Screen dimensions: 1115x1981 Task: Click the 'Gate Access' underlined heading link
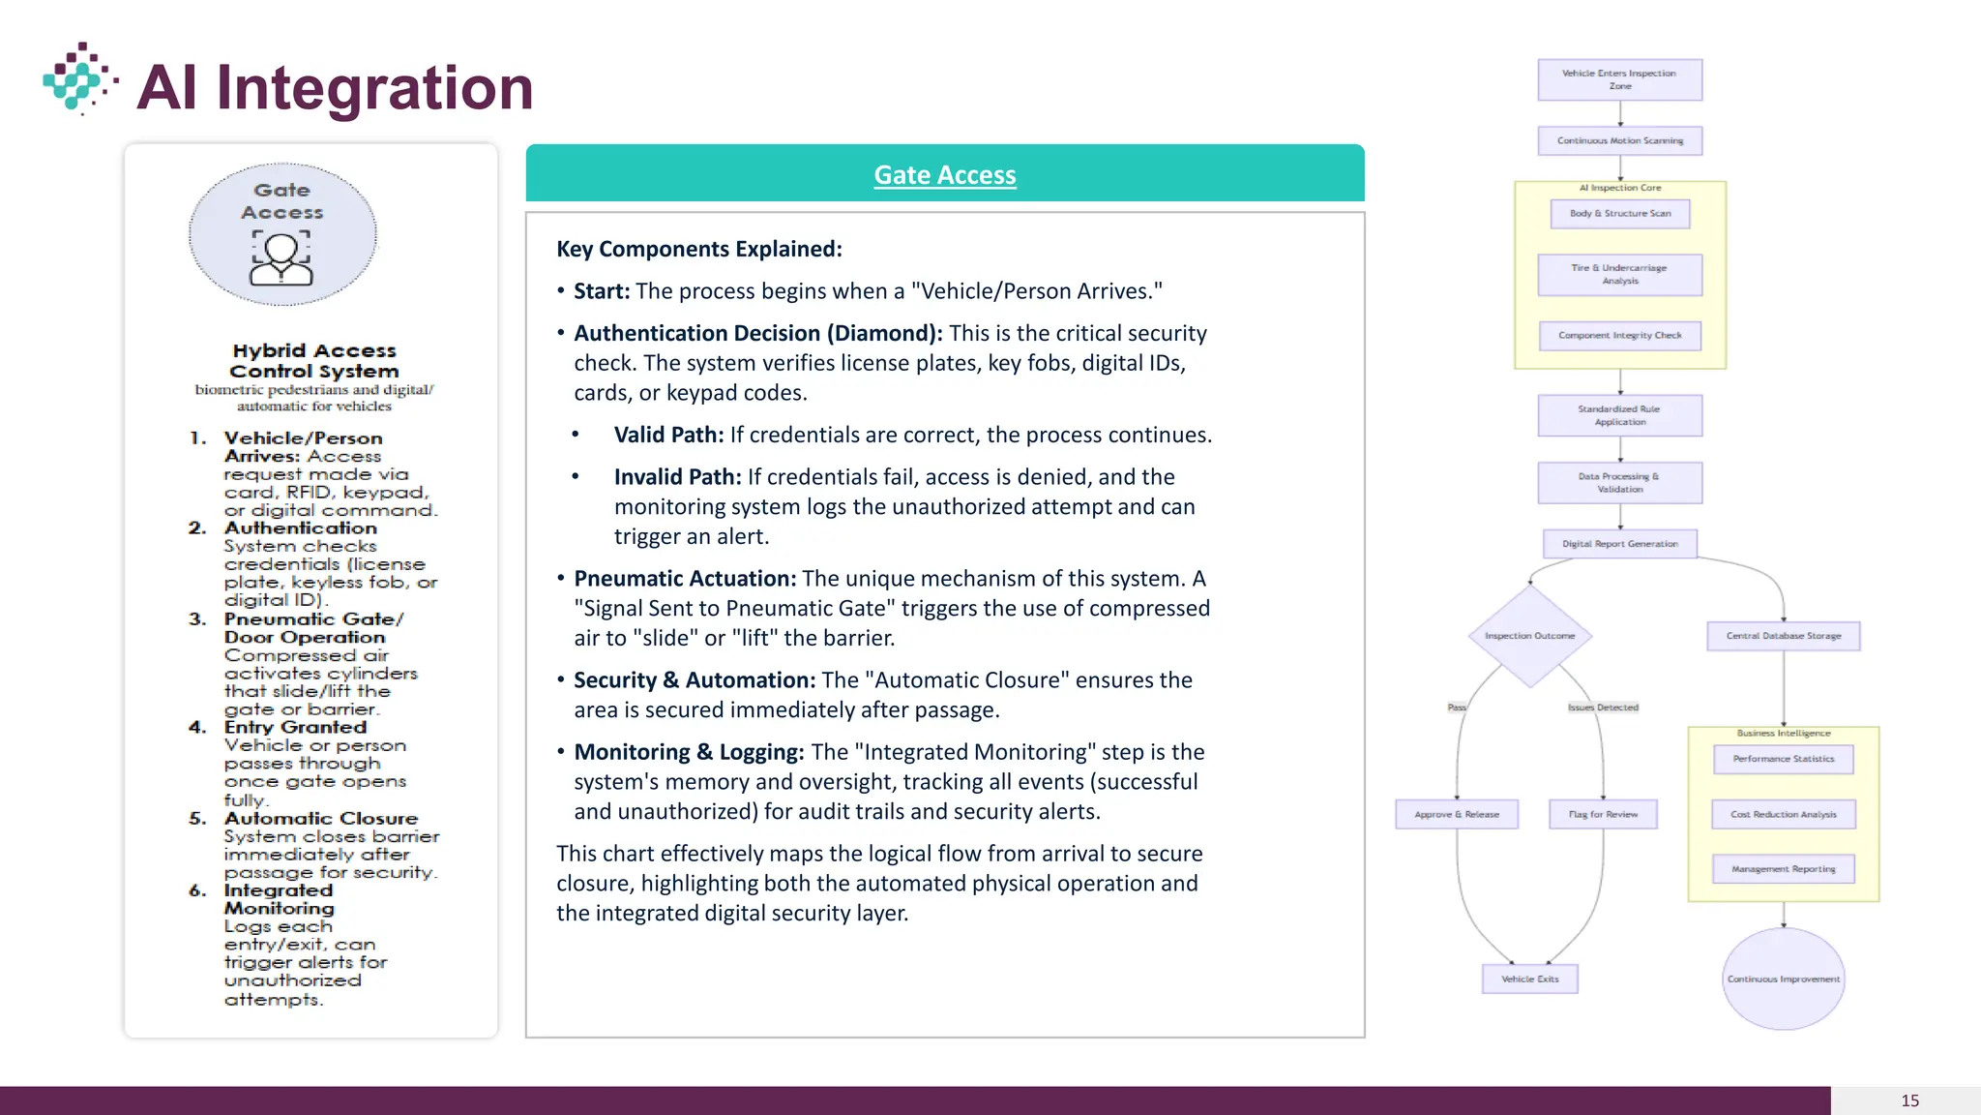click(x=945, y=175)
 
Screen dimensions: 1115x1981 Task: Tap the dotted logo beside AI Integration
click(x=79, y=78)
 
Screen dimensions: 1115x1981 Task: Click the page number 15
click(x=1909, y=1100)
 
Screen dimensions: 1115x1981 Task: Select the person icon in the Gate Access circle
click(x=281, y=258)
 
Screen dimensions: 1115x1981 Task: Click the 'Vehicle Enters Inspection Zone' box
click(x=1619, y=79)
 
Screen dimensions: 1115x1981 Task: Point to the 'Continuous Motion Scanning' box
click(x=1619, y=141)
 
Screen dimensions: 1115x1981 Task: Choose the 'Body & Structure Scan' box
click(x=1619, y=214)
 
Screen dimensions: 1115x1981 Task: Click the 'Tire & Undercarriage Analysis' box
click(x=1619, y=275)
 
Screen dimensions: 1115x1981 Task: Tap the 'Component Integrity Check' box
click(x=1619, y=336)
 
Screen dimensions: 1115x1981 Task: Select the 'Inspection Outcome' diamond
click(x=1529, y=636)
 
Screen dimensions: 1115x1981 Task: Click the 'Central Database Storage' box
click(x=1784, y=636)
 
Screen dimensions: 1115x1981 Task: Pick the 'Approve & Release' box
click(x=1457, y=815)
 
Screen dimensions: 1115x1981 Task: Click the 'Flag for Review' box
click(x=1603, y=815)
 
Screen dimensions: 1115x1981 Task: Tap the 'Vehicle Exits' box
click(x=1529, y=979)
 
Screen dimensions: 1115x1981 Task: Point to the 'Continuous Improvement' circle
click(x=1784, y=979)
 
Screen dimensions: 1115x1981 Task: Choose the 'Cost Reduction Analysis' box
click(x=1784, y=815)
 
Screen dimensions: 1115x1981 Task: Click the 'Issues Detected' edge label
click(x=1603, y=708)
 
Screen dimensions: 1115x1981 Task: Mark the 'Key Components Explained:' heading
click(x=699, y=249)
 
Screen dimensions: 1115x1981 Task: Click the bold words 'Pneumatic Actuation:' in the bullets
click(x=685, y=579)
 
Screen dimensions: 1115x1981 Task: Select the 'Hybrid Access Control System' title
click(x=314, y=361)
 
